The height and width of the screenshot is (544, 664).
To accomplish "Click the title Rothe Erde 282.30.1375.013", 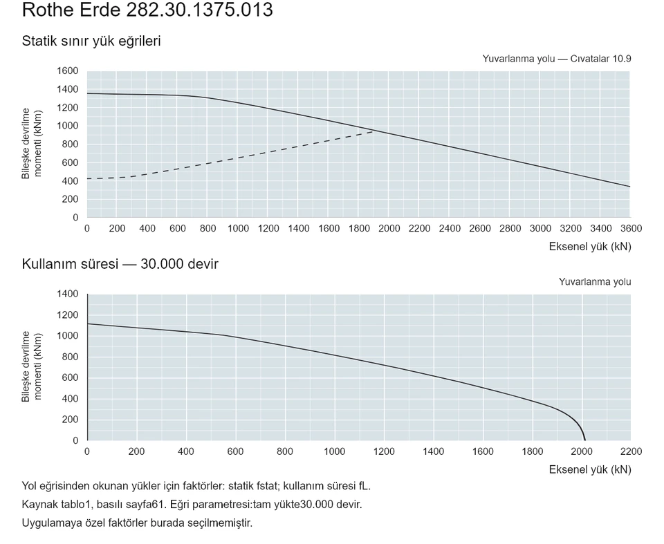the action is (147, 10).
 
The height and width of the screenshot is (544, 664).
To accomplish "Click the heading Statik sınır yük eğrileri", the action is (91, 41).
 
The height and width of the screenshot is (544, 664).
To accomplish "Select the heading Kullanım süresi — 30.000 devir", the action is (120, 264).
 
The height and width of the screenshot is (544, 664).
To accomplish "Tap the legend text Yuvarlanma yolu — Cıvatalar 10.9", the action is (556, 59).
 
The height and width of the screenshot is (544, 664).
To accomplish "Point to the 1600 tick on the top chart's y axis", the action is (68, 71).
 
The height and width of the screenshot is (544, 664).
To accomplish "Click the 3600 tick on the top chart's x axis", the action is (631, 229).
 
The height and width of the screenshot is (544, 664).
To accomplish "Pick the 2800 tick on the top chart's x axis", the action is (510, 229).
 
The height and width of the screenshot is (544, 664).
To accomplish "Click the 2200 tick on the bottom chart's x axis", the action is (631, 451).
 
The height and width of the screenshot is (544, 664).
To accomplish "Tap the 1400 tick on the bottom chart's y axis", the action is (68, 294).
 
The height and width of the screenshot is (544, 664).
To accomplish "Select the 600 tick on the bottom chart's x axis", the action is (235, 451).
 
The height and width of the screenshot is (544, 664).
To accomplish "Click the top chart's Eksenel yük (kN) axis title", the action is (590, 246).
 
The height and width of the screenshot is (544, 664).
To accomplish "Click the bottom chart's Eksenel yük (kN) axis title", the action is (590, 469).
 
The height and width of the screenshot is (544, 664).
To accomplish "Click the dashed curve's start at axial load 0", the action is (87, 178).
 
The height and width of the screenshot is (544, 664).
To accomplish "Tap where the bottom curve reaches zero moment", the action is (585, 440).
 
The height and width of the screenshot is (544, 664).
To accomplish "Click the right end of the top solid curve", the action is (630, 187).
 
